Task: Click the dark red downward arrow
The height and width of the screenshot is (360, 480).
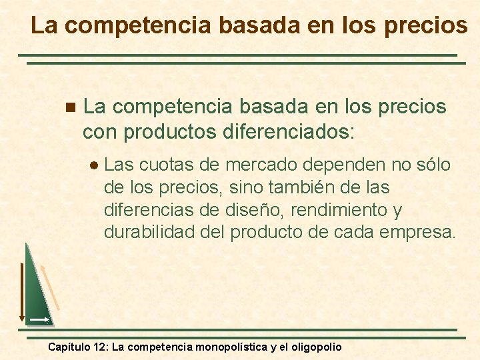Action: (x=21, y=293)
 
